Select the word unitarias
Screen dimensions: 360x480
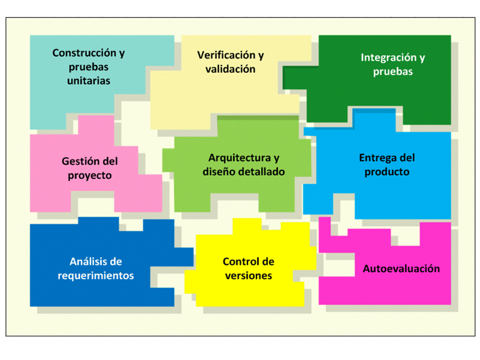tap(88, 80)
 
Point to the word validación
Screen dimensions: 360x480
tap(230, 69)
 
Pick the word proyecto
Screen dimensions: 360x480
tap(89, 175)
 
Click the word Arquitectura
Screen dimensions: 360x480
tap(238, 158)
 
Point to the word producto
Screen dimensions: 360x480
tap(387, 171)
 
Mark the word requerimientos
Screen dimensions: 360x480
tap(96, 275)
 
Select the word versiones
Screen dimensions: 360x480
tap(248, 275)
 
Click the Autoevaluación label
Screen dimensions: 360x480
tap(401, 269)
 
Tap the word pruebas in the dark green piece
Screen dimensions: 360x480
tap(393, 71)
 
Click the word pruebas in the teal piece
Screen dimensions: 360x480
tap(88, 66)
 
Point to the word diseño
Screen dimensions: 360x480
tap(219, 171)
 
